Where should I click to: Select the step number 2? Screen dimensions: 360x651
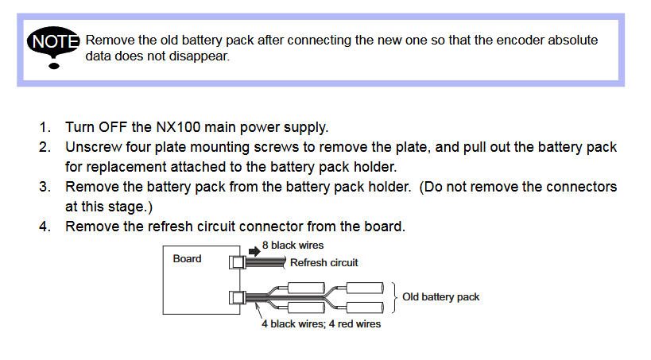(45, 147)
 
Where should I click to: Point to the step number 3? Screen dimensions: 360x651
(45, 187)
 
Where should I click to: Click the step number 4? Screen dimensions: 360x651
(45, 226)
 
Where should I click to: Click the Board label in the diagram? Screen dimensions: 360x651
(187, 258)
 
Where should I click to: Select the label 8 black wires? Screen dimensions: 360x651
(293, 246)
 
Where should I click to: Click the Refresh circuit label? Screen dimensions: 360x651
(324, 263)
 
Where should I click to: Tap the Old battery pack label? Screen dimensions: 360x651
(440, 297)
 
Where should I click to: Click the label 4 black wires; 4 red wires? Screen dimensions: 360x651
(321, 324)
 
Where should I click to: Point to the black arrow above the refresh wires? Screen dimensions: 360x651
(254, 250)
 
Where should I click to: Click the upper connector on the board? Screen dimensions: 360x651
(237, 261)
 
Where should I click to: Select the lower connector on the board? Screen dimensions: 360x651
(237, 298)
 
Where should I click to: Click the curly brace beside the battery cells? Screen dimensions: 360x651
(393, 297)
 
